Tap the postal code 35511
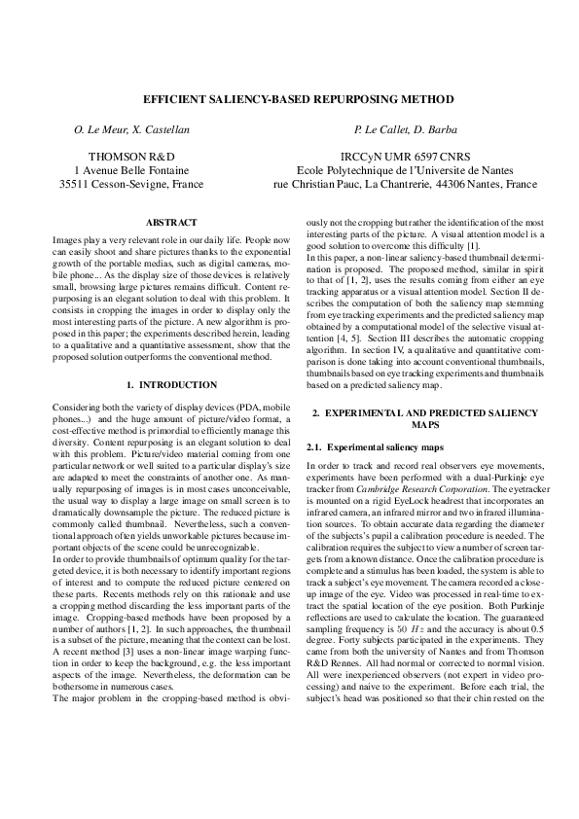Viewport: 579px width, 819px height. point(76,183)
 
